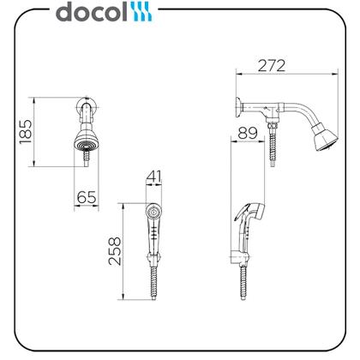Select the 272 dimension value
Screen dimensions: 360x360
pyautogui.click(x=272, y=66)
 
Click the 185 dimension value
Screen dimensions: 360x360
pyautogui.click(x=26, y=132)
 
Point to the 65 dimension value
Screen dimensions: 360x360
pyautogui.click(x=87, y=197)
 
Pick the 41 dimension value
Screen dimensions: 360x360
pyautogui.click(x=154, y=177)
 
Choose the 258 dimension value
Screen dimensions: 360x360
pyautogui.click(x=115, y=251)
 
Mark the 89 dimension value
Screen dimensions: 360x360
pyautogui.click(x=248, y=133)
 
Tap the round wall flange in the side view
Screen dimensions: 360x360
pyautogui.click(x=238, y=107)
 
